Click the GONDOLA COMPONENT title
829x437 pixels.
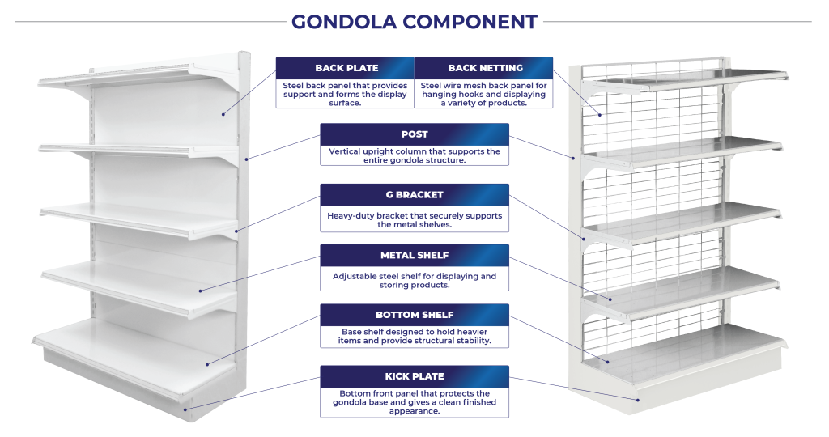414,22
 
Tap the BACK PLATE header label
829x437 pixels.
346,68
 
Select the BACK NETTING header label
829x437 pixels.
486,68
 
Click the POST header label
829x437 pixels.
414,134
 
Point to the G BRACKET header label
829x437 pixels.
414,195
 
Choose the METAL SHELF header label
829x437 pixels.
414,255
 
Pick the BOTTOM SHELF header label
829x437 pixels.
414,315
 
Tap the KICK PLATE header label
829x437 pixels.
414,376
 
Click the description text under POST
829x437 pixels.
414,155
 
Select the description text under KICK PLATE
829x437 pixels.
414,402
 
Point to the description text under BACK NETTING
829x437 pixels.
484,94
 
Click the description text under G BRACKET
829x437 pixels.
414,220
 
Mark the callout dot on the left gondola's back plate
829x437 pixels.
223,114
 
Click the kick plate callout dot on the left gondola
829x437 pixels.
185,409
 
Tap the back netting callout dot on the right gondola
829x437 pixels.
600,115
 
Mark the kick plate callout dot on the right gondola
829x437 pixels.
638,400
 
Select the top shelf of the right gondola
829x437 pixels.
687,78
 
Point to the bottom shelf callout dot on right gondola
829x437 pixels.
608,362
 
